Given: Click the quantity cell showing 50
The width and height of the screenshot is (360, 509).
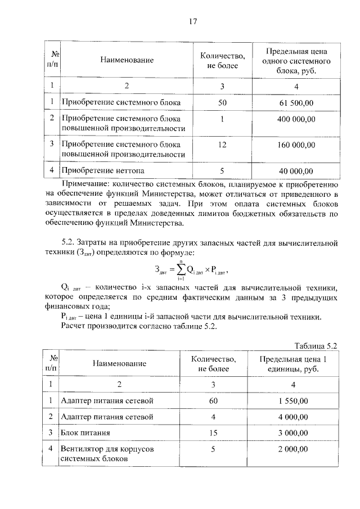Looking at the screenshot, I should (x=222, y=103).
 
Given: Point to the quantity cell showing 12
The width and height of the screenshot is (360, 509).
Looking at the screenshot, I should (x=222, y=145).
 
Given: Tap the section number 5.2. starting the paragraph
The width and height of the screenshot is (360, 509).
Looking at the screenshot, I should (x=69, y=242).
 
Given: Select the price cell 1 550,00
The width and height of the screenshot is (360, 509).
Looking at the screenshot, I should (x=292, y=400).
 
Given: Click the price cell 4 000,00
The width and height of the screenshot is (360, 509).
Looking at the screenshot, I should (x=292, y=417).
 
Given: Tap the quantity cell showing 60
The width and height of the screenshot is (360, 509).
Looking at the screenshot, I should (x=213, y=400).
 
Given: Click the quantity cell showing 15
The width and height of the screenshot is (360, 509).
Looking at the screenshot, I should (x=213, y=433).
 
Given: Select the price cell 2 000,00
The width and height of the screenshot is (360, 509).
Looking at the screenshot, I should (x=292, y=449).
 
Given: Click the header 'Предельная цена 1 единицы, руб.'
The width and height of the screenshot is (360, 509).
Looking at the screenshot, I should (x=292, y=364).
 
